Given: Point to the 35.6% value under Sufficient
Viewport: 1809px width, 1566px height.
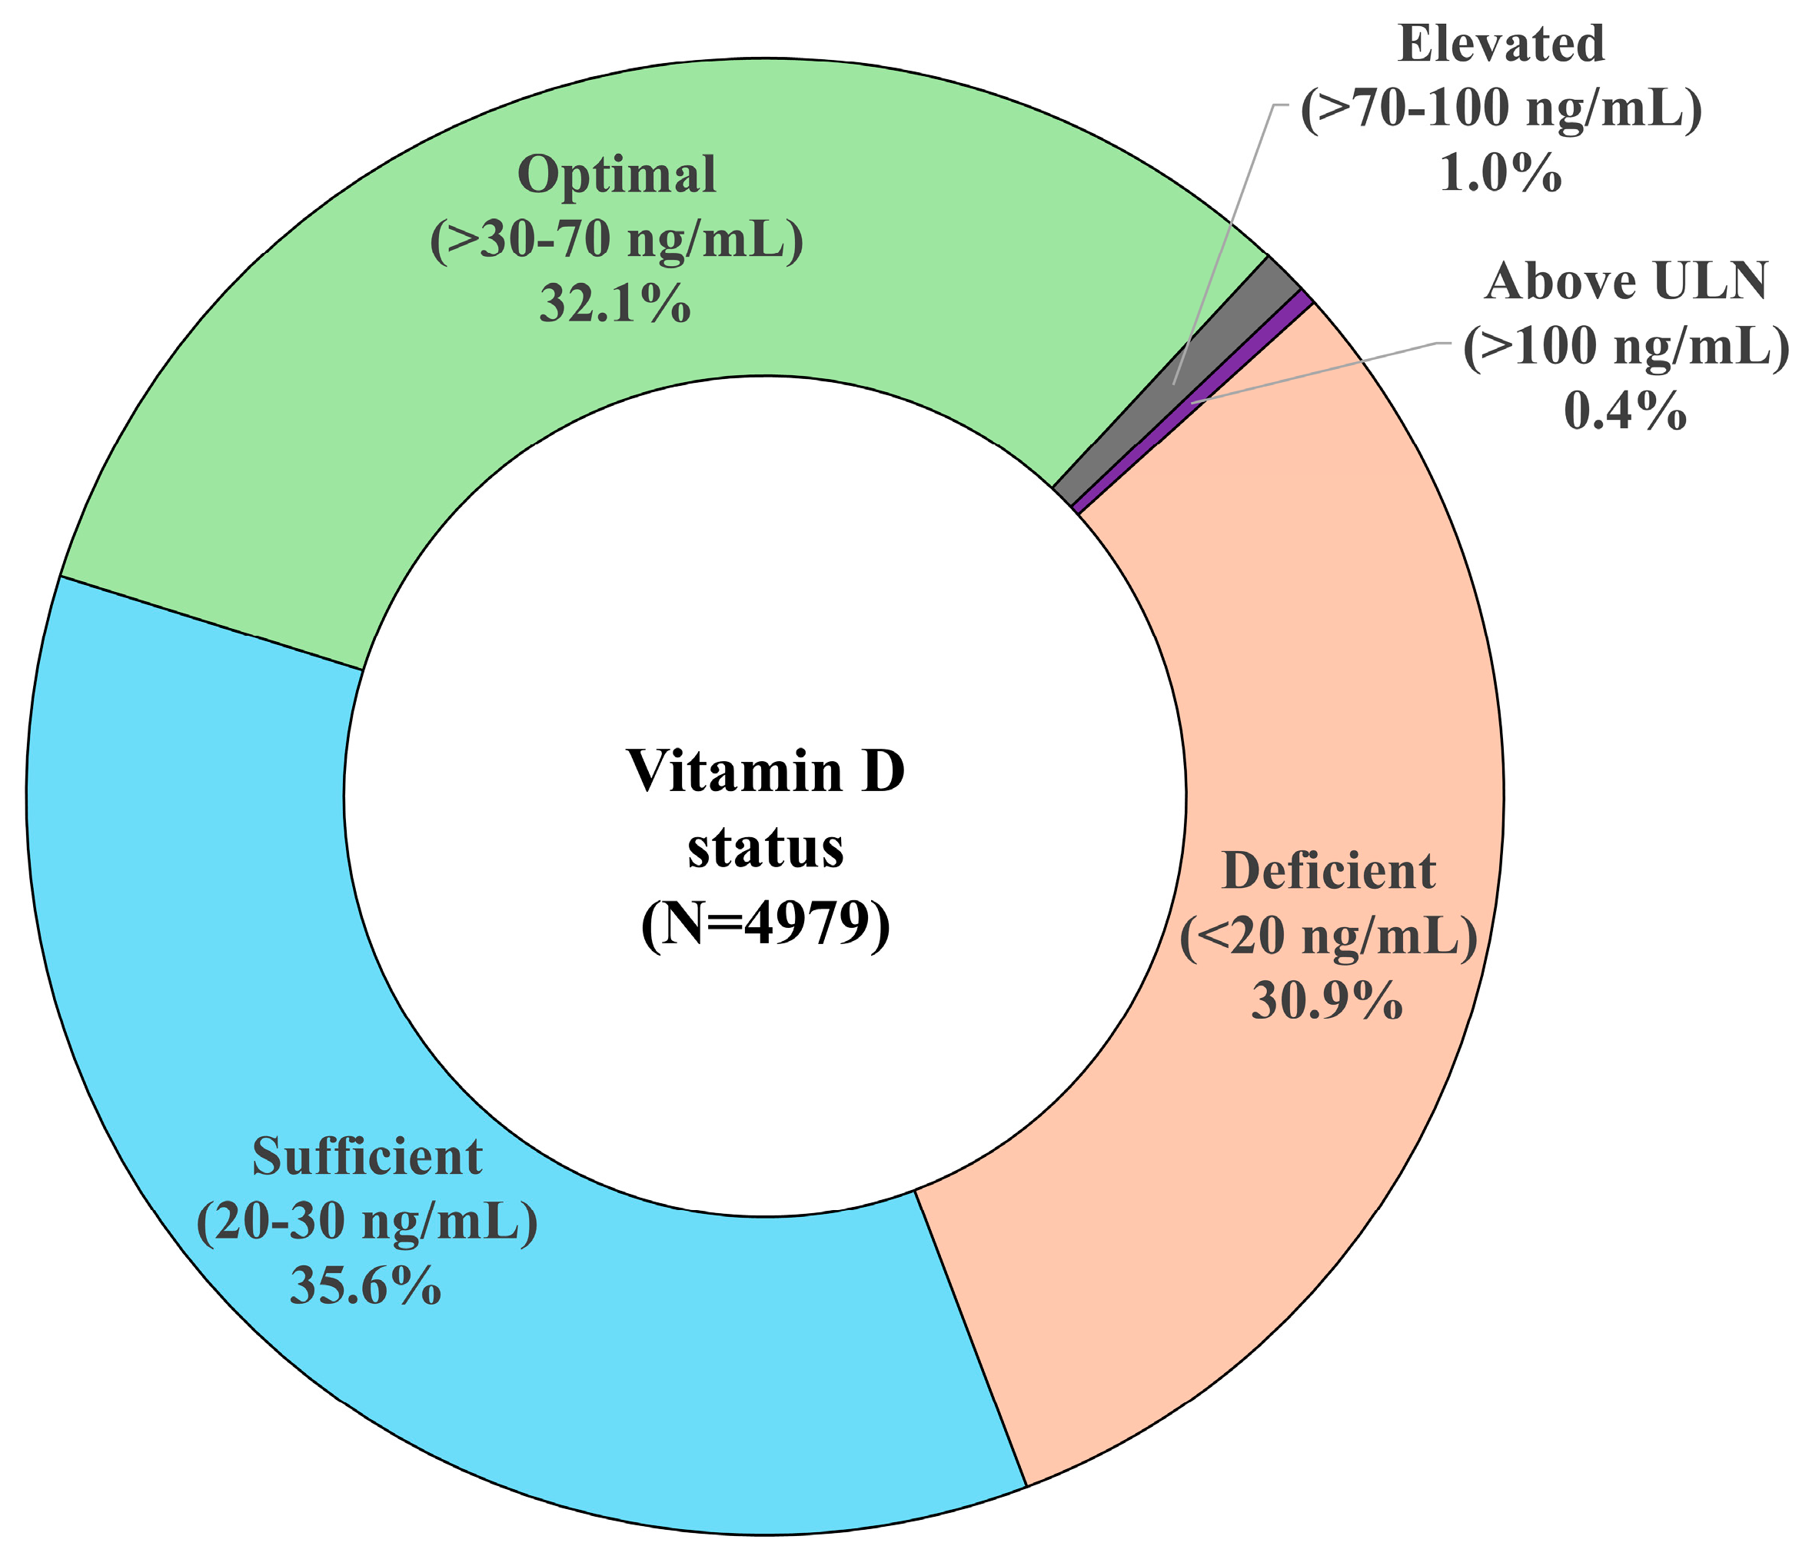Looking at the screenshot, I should click(365, 1286).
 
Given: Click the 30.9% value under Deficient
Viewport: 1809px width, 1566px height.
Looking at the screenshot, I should click(1327, 1001).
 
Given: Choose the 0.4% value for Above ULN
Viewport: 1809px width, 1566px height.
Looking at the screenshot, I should click(1624, 411).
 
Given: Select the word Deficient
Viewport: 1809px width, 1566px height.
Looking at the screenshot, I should click(1328, 870).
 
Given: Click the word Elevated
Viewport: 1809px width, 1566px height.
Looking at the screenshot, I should click(1501, 44).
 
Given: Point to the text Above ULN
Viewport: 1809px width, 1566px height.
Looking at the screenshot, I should click(1625, 281).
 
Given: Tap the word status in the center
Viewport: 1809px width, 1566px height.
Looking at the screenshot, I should click(766, 848).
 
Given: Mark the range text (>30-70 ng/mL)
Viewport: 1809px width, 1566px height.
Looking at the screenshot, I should click(616, 239).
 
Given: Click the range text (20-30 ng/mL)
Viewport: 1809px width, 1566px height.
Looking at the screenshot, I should click(367, 1222).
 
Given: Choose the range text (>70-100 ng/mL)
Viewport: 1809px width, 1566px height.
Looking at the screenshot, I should click(1501, 109).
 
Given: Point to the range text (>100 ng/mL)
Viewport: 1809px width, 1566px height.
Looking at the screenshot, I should click(1625, 347).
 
